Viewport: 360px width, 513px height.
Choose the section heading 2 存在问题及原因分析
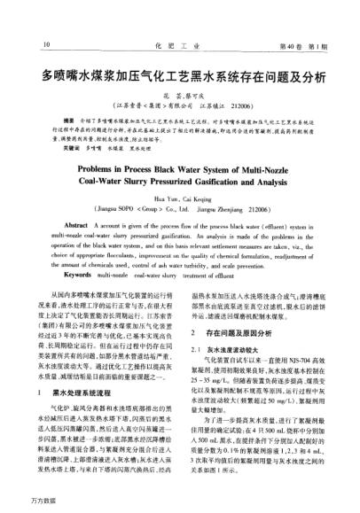click(236, 331)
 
